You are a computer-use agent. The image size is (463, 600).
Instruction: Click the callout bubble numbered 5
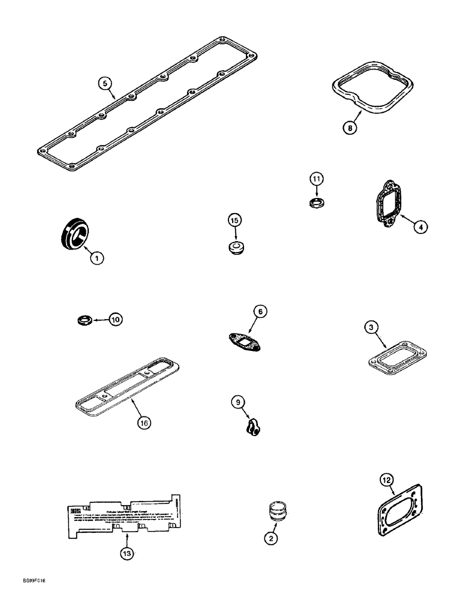[106, 83]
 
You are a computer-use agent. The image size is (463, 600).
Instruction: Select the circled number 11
[317, 179]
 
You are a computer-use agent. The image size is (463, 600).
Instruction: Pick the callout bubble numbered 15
[234, 221]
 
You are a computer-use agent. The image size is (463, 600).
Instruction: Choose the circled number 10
[115, 319]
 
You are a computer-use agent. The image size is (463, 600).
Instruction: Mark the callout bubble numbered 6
[259, 311]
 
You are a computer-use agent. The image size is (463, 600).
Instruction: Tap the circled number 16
[143, 422]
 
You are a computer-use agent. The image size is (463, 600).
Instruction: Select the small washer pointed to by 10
[85, 318]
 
